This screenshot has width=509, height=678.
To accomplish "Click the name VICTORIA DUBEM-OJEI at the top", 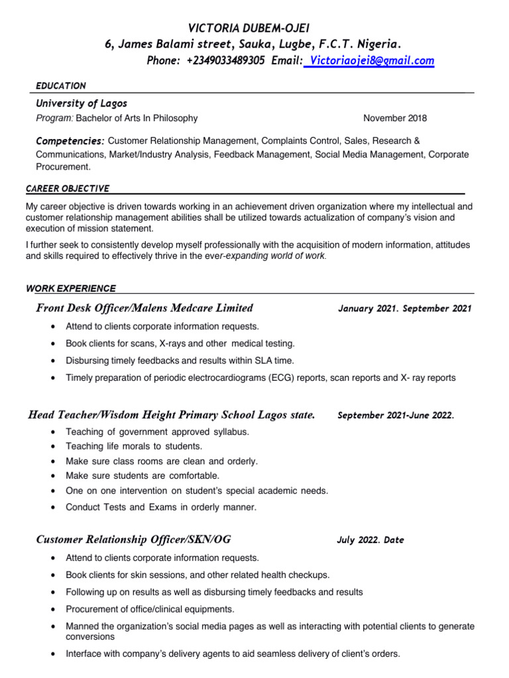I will pyautogui.click(x=249, y=27).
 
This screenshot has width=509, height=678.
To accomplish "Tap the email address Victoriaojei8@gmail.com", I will pyautogui.click(x=370, y=61).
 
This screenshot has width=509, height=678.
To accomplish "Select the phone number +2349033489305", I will pyautogui.click(x=225, y=61).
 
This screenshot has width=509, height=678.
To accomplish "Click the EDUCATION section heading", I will pyautogui.click(x=60, y=86).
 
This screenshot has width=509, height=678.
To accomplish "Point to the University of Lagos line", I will pyautogui.click(x=81, y=103).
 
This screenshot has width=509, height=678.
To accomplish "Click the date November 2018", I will pyautogui.click(x=395, y=119).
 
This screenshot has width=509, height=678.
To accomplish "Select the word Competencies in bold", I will pyautogui.click(x=70, y=142).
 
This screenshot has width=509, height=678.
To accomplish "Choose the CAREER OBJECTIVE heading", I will pyautogui.click(x=68, y=189).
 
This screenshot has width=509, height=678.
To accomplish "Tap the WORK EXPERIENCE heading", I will pyautogui.click(x=71, y=288).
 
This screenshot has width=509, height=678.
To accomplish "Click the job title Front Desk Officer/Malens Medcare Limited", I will pyautogui.click(x=144, y=308).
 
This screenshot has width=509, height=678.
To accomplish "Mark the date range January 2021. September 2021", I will pyautogui.click(x=404, y=309).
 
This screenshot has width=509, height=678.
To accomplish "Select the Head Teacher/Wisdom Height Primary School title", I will pyautogui.click(x=172, y=415).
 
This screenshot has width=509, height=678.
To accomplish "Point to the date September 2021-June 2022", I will pyautogui.click(x=396, y=416).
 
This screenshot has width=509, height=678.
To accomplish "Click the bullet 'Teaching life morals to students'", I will pyautogui.click(x=134, y=446).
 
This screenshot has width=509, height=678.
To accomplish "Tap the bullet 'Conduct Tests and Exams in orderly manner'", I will pyautogui.click(x=160, y=507).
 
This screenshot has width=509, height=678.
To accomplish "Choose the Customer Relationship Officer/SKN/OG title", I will pyautogui.click(x=133, y=539).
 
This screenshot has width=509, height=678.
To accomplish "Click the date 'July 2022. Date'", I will pyautogui.click(x=370, y=540).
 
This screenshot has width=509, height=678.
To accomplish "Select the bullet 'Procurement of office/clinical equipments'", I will pyautogui.click(x=150, y=609).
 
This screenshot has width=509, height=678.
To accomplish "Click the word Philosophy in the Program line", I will pyautogui.click(x=176, y=119).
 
